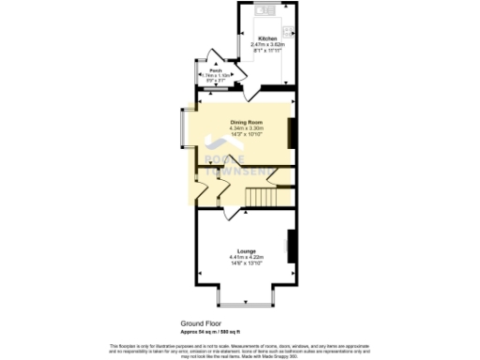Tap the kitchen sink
(262, 11)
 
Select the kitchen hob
(289, 12)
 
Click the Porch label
(215, 71)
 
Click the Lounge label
(247, 251)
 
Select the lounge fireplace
(292, 243)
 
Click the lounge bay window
(247, 301)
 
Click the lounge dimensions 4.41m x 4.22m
(247, 257)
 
